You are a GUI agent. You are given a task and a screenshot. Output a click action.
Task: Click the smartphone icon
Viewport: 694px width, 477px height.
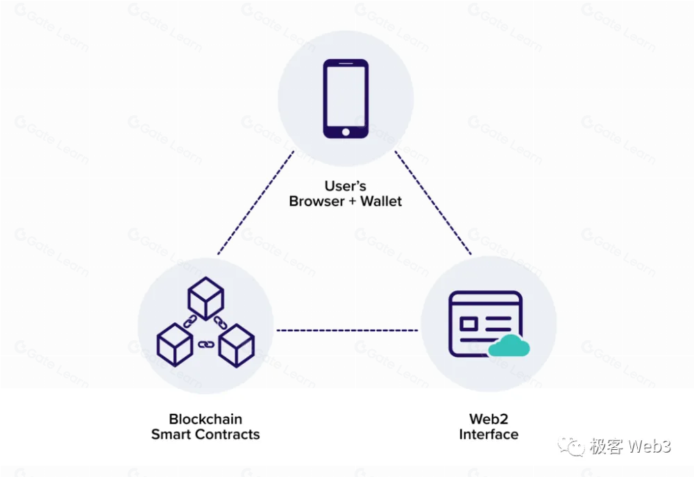pyautogui.click(x=346, y=99)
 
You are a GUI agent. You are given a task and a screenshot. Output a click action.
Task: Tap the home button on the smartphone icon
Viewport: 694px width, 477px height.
pyautogui.click(x=346, y=131)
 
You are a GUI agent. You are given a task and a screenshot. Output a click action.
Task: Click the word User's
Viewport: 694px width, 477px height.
pyautogui.click(x=345, y=186)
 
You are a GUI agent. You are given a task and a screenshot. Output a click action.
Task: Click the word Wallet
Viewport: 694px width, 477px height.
pyautogui.click(x=379, y=202)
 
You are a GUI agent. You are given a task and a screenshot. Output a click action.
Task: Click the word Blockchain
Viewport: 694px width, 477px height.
pyautogui.click(x=205, y=419)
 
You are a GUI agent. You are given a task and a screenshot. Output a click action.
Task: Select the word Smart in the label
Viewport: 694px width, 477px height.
pyautogui.click(x=170, y=435)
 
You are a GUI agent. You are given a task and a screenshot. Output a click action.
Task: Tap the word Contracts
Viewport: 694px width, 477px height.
pyautogui.click(x=226, y=435)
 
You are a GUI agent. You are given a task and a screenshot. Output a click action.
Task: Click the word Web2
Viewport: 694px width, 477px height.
pyautogui.click(x=488, y=419)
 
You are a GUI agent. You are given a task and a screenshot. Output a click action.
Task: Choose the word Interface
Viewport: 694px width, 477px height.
pyautogui.click(x=488, y=435)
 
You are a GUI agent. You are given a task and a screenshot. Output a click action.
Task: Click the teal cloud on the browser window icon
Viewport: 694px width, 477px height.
pyautogui.click(x=508, y=345)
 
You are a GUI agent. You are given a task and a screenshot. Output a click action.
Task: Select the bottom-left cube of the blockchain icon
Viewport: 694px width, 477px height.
pyautogui.click(x=174, y=344)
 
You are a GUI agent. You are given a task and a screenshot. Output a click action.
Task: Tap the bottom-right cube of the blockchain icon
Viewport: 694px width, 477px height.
pyautogui.click(x=237, y=344)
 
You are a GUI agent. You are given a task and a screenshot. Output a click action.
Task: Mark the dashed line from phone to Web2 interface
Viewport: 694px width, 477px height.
pyautogui.click(x=434, y=202)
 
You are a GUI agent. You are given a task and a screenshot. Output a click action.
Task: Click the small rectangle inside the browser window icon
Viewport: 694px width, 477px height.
pyautogui.click(x=468, y=324)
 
